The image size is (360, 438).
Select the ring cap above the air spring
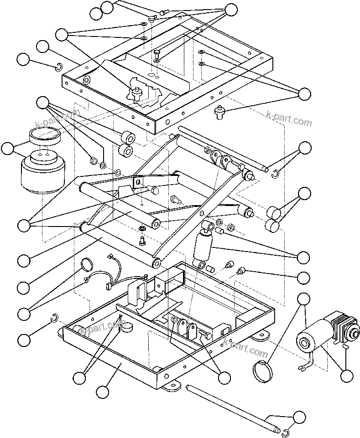coord(44,136)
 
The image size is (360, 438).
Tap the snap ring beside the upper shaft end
coord(275,173)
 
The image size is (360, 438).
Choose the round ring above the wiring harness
coord(86,264)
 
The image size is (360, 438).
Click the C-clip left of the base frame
coord(53,317)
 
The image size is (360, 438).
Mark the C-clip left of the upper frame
coord(58,68)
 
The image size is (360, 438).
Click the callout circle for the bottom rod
coord(299,417)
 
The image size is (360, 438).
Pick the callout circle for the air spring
coord(8,148)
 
